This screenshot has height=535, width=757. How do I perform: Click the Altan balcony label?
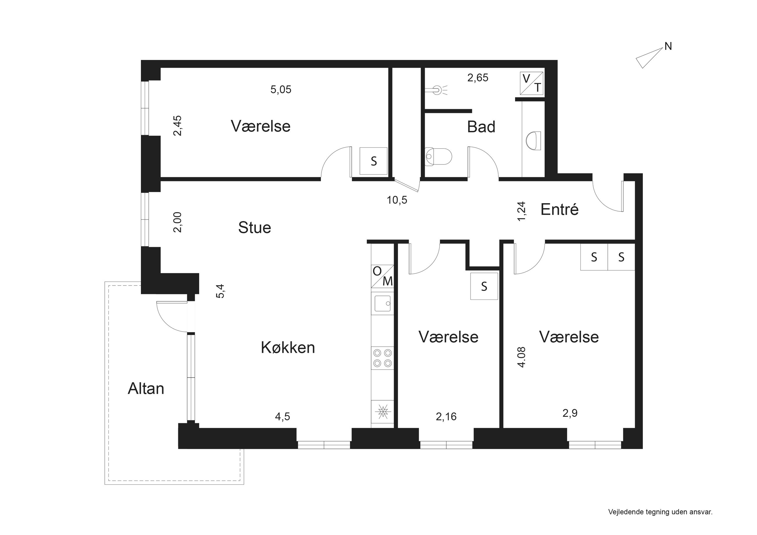[x=146, y=389]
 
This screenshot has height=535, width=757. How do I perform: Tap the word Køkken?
[x=288, y=348]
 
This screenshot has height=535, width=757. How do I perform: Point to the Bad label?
[x=481, y=127]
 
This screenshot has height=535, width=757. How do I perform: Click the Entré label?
[x=560, y=209]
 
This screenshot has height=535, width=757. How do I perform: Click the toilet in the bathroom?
[x=438, y=156]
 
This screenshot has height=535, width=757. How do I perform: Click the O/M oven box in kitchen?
[x=383, y=276]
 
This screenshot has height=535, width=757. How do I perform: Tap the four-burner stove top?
[x=383, y=358]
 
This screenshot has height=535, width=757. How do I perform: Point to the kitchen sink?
[x=383, y=303]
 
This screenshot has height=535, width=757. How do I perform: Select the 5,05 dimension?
[x=281, y=90]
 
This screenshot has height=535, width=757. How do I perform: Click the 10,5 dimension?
[x=397, y=200]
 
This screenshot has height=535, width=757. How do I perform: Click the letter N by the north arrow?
[x=668, y=47]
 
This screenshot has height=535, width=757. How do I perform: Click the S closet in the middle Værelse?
[x=484, y=286]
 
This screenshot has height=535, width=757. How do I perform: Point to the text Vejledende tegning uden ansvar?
[x=660, y=512]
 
